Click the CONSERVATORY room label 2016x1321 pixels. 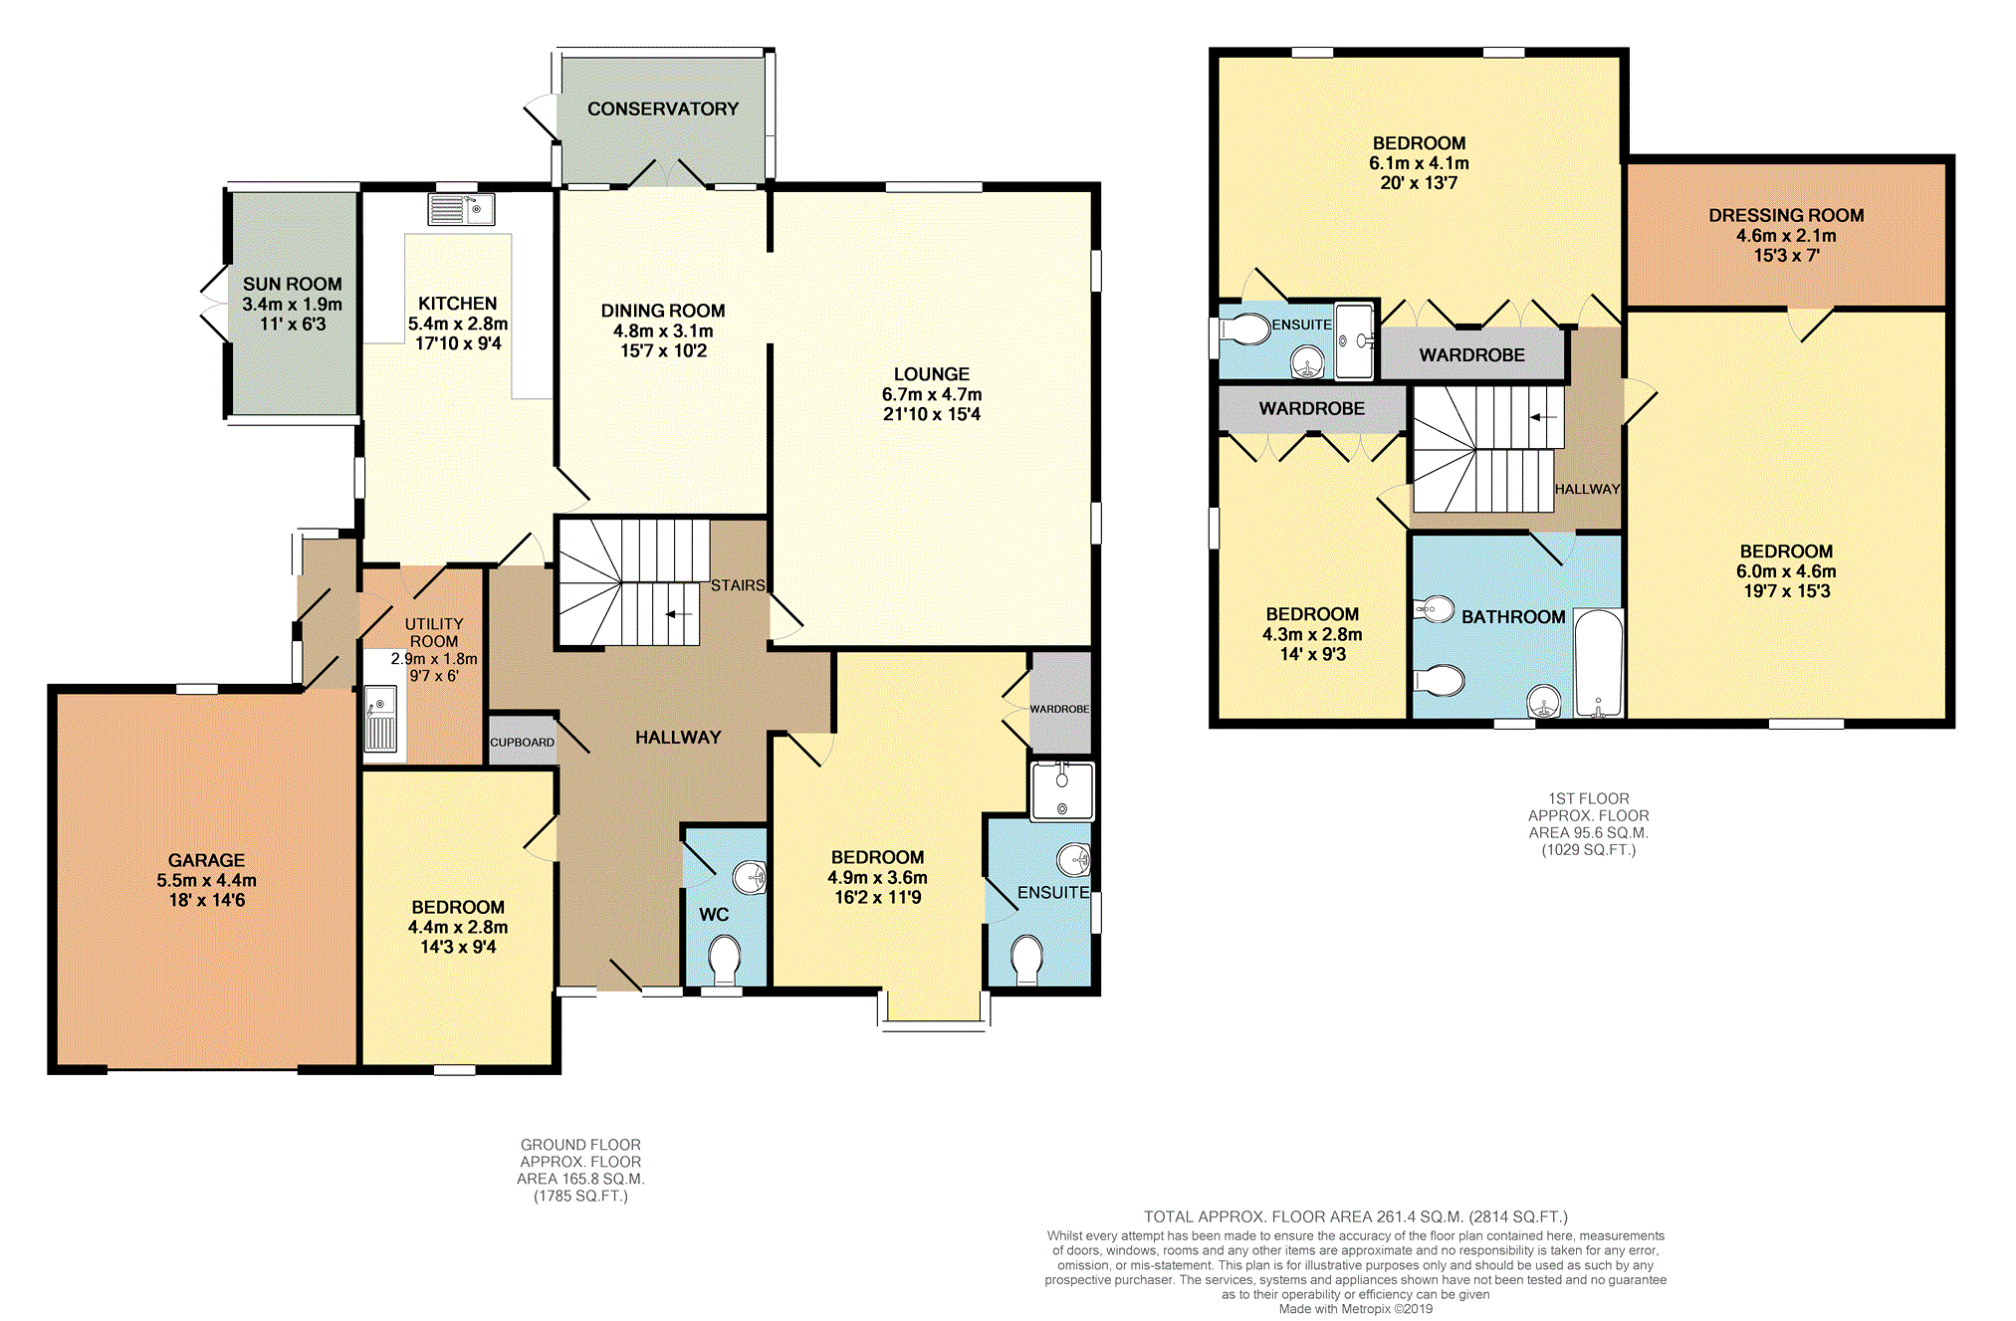point(663,109)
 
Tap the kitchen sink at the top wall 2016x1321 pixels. point(461,209)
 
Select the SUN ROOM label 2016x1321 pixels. point(292,284)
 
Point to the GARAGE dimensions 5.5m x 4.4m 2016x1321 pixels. point(206,880)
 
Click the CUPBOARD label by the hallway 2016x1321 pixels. point(522,743)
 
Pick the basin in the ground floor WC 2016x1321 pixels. point(750,877)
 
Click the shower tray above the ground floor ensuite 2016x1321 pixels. point(1062,791)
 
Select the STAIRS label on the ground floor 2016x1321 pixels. point(738,585)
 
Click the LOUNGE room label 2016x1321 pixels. point(931,374)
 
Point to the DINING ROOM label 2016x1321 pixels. point(663,311)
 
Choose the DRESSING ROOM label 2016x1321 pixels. point(1786,215)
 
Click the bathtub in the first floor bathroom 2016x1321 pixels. point(1599,663)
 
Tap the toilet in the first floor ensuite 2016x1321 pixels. point(1244,329)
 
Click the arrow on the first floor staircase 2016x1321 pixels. point(1542,417)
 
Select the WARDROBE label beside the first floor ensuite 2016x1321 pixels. point(1471,355)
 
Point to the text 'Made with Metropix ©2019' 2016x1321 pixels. point(1356,1309)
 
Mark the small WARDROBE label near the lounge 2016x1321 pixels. point(1059,709)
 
